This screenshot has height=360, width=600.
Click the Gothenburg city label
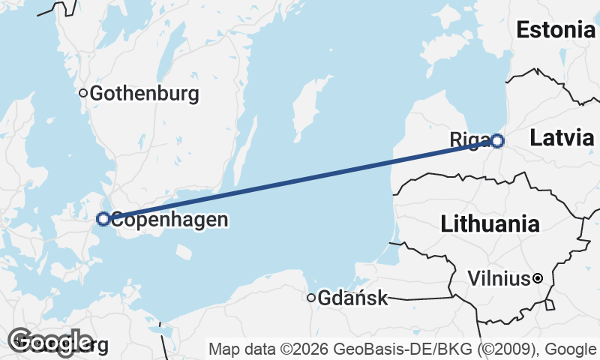pyautogui.click(x=144, y=94)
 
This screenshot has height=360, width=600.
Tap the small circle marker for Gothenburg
pyautogui.click(x=84, y=94)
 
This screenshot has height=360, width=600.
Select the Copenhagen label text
pyautogui.click(x=169, y=220)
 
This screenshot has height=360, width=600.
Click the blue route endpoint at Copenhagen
pyautogui.click(x=103, y=219)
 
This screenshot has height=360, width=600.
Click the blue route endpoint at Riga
pyautogui.click(x=496, y=140)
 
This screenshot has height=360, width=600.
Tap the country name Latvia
pyautogui.click(x=562, y=137)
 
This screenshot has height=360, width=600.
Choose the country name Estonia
pyautogui.click(x=555, y=30)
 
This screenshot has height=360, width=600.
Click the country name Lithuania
pyautogui.click(x=490, y=223)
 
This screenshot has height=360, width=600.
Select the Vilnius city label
pyautogui.click(x=498, y=279)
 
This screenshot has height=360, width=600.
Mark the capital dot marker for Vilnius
pyautogui.click(x=538, y=279)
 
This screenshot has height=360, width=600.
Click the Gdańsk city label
pyautogui.click(x=352, y=298)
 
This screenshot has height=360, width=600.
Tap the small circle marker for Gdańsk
pyautogui.click(x=311, y=298)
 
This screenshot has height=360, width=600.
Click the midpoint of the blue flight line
pyautogui.click(x=300, y=179)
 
